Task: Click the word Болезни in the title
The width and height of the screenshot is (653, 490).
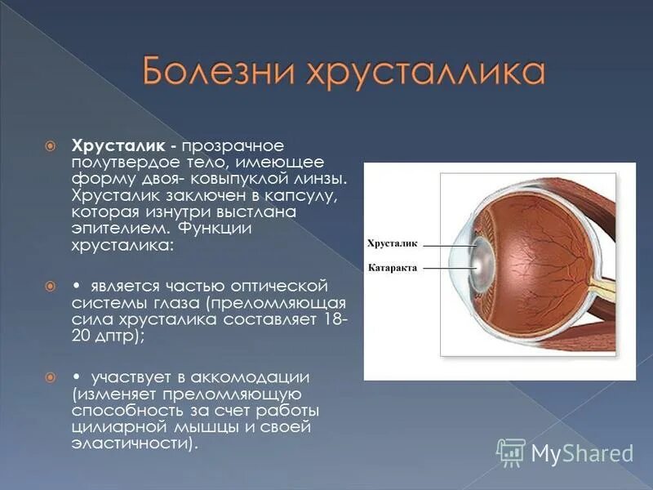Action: click(215, 73)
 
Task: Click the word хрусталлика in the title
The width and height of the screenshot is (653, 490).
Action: click(417, 73)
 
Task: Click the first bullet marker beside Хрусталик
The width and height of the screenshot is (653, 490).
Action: click(51, 145)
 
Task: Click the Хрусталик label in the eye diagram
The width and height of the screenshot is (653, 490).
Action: click(393, 243)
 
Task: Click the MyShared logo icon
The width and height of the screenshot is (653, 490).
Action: click(511, 451)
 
